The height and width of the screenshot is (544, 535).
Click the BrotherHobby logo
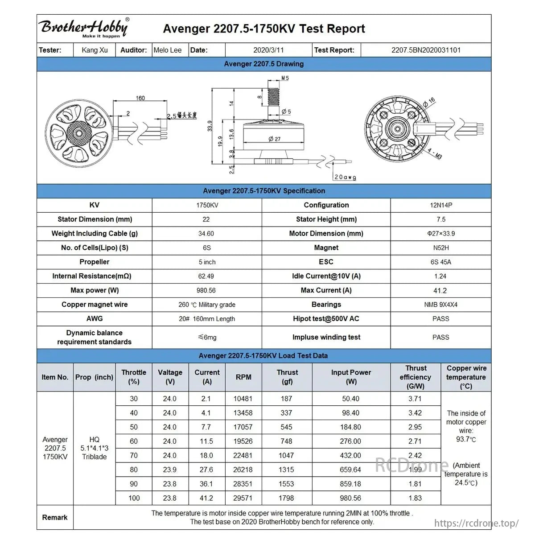84,28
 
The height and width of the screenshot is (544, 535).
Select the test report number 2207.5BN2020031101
426,50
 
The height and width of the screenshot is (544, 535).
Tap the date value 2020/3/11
268,50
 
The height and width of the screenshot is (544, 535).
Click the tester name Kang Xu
95,50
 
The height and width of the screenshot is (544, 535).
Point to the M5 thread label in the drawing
285,78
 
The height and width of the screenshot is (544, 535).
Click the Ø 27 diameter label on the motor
275,139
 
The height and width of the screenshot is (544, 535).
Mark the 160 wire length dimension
140,98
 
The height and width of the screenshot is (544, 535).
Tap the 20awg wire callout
345,177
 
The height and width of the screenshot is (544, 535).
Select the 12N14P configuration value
441,205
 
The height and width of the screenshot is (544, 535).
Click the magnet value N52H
441,248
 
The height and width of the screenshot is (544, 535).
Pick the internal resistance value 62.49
206,276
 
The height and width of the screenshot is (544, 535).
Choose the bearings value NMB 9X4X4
441,305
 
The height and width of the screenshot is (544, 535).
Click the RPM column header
243,377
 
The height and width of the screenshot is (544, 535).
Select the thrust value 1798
286,498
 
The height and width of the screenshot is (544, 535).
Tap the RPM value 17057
243,427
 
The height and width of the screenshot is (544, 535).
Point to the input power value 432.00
350,456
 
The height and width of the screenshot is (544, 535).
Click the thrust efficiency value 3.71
415,399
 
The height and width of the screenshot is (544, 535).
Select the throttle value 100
134,498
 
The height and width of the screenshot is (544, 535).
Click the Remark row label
55,517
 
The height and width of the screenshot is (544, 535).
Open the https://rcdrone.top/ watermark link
476,523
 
